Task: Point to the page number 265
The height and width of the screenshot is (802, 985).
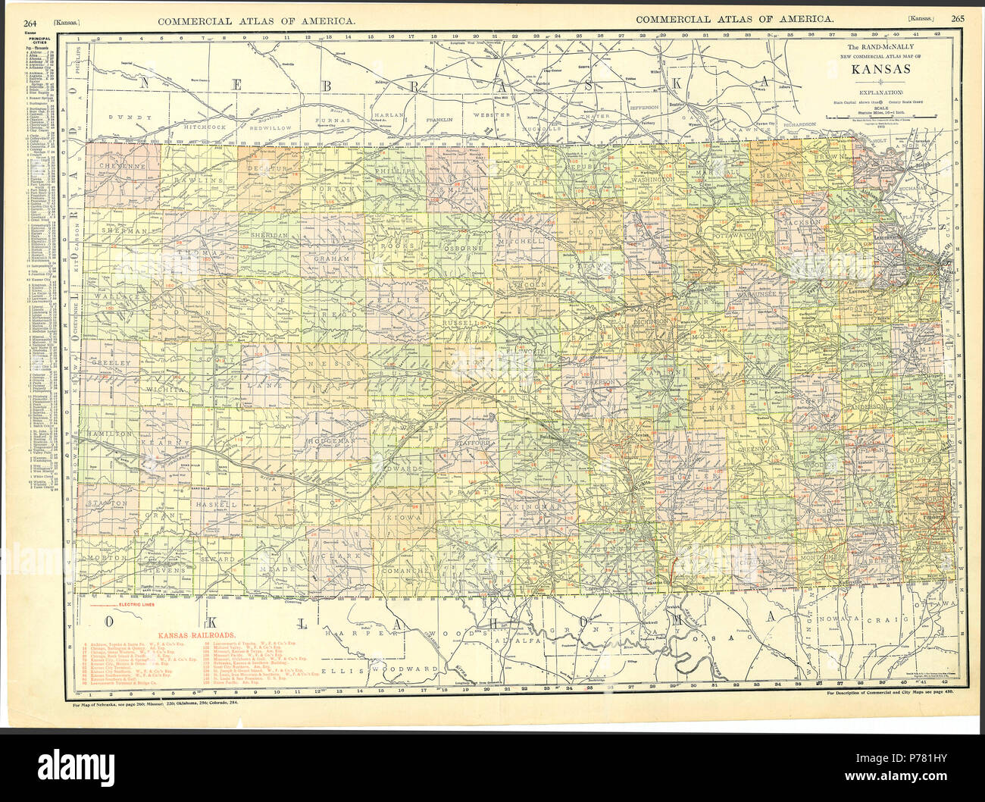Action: tap(957, 19)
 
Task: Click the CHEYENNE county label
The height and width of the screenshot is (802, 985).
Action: tap(120, 166)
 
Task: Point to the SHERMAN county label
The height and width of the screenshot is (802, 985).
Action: tap(123, 230)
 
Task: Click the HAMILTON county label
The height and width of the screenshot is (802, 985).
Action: tap(114, 432)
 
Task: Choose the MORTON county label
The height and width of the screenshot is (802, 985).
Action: tap(107, 557)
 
